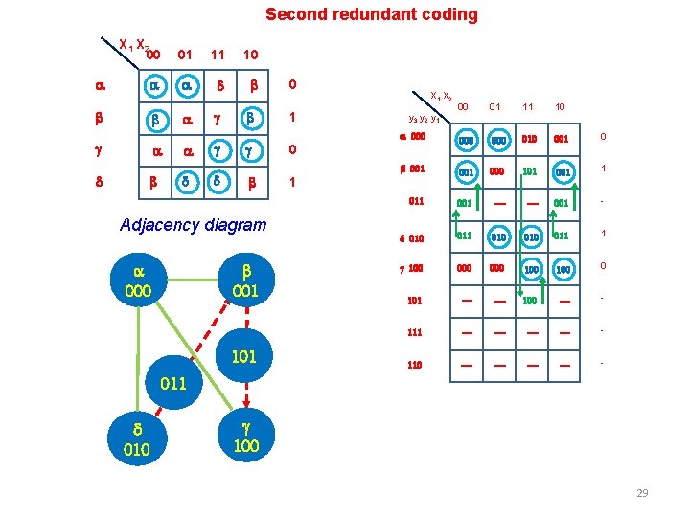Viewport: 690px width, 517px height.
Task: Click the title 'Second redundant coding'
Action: click(x=371, y=14)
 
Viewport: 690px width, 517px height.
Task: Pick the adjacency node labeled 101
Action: click(x=245, y=357)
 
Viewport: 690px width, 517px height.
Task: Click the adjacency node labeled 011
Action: click(x=173, y=383)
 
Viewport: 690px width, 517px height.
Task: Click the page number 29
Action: click(x=642, y=493)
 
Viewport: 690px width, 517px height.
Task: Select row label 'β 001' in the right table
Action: click(x=412, y=169)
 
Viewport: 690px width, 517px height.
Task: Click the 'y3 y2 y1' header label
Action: click(x=423, y=119)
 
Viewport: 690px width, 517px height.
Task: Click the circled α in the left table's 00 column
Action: click(x=153, y=86)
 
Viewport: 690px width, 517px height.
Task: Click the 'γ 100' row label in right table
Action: click(x=412, y=267)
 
